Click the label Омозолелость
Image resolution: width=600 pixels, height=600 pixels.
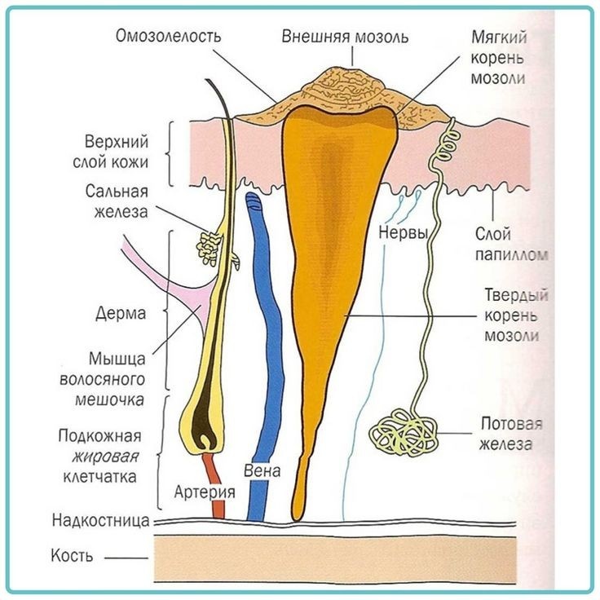(169, 36)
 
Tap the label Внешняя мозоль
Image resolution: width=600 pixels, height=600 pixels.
(345, 37)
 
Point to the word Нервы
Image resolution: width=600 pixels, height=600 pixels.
(404, 233)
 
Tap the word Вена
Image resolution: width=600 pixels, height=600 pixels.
(262, 470)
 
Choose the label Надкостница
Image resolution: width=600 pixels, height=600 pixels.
(99, 519)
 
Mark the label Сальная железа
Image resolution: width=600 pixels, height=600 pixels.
(117, 201)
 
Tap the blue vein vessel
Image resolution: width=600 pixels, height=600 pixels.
(266, 326)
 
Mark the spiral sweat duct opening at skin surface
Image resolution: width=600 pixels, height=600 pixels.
(446, 143)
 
